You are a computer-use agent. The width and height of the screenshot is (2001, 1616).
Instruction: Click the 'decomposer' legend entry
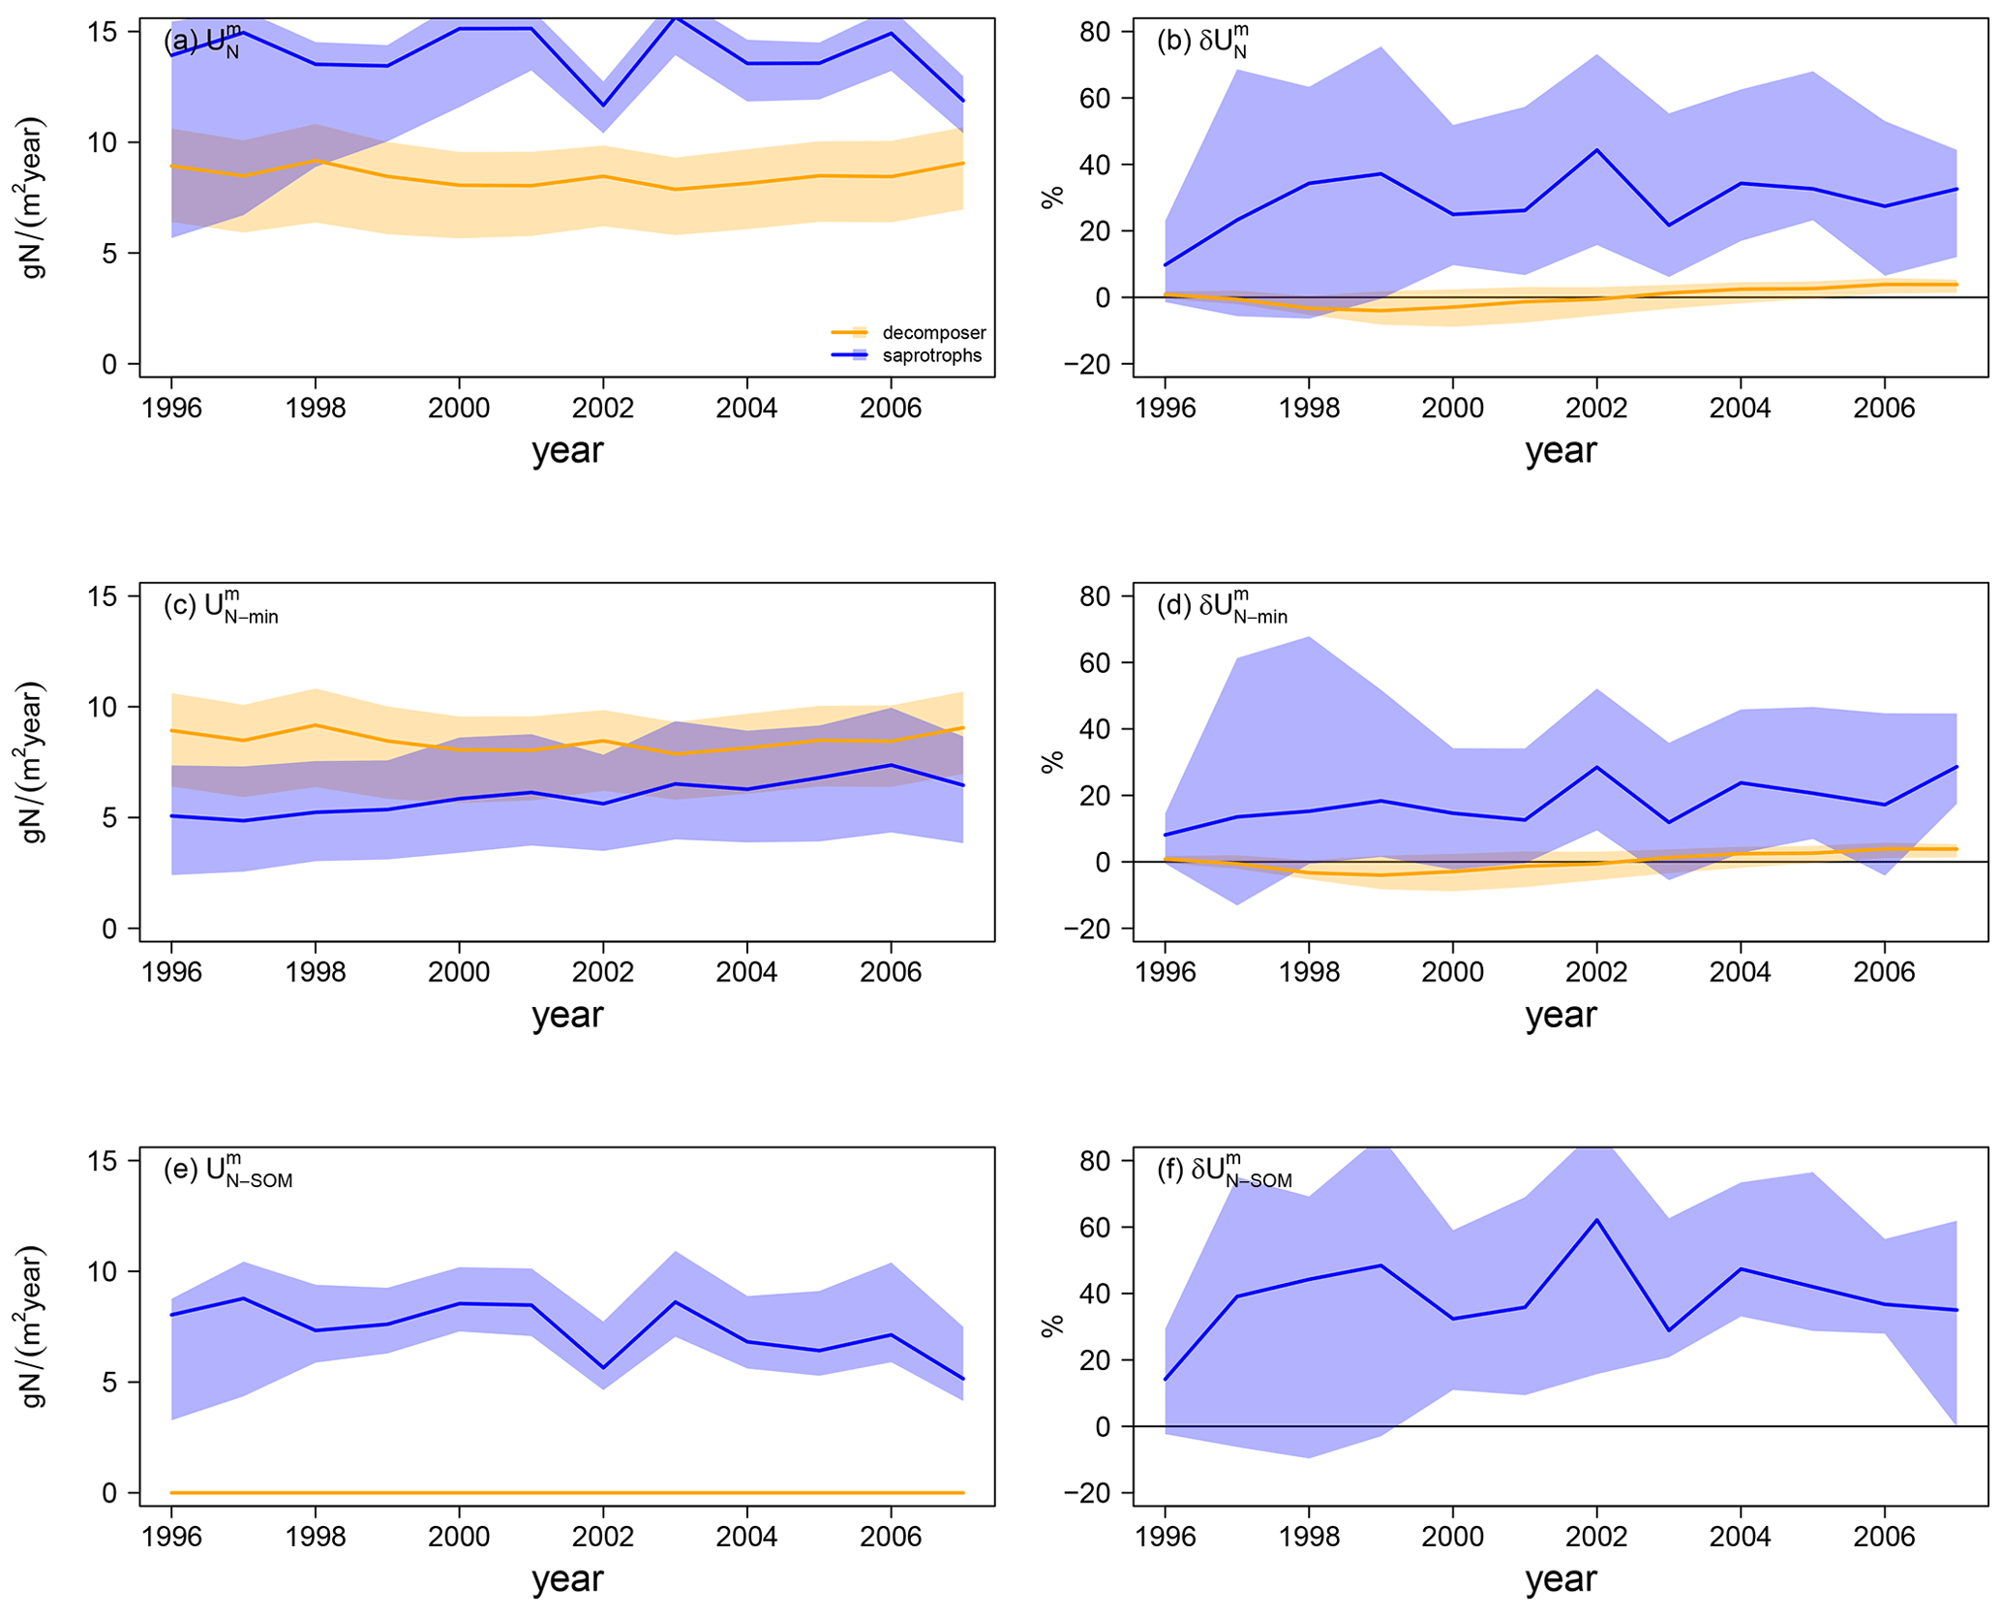tap(932, 333)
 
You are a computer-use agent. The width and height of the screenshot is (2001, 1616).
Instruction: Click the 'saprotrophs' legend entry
tap(930, 356)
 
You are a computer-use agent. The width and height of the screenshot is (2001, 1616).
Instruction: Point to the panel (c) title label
tap(222, 607)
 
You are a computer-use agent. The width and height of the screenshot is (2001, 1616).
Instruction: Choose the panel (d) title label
tap(1222, 607)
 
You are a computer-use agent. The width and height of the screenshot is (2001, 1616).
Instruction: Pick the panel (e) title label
tap(228, 1171)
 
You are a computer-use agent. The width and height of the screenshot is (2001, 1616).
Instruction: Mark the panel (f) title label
tap(1224, 1171)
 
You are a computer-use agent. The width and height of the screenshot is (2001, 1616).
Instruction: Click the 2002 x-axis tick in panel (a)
tap(603, 408)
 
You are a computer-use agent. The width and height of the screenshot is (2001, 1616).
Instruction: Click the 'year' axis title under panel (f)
tap(1561, 1578)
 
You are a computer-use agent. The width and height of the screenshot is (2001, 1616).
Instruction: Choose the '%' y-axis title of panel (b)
tap(1052, 197)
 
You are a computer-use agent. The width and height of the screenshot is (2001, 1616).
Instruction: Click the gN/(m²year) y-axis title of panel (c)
tap(34, 762)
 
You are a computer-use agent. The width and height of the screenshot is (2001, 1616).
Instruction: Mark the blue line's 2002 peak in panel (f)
tap(1596, 1220)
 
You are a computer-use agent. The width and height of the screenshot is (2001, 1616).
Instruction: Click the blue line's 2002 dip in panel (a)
tap(603, 106)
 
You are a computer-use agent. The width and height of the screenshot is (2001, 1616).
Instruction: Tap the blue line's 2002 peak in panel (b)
tap(1596, 150)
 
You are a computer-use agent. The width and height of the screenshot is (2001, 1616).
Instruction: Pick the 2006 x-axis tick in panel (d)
tap(1884, 972)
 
